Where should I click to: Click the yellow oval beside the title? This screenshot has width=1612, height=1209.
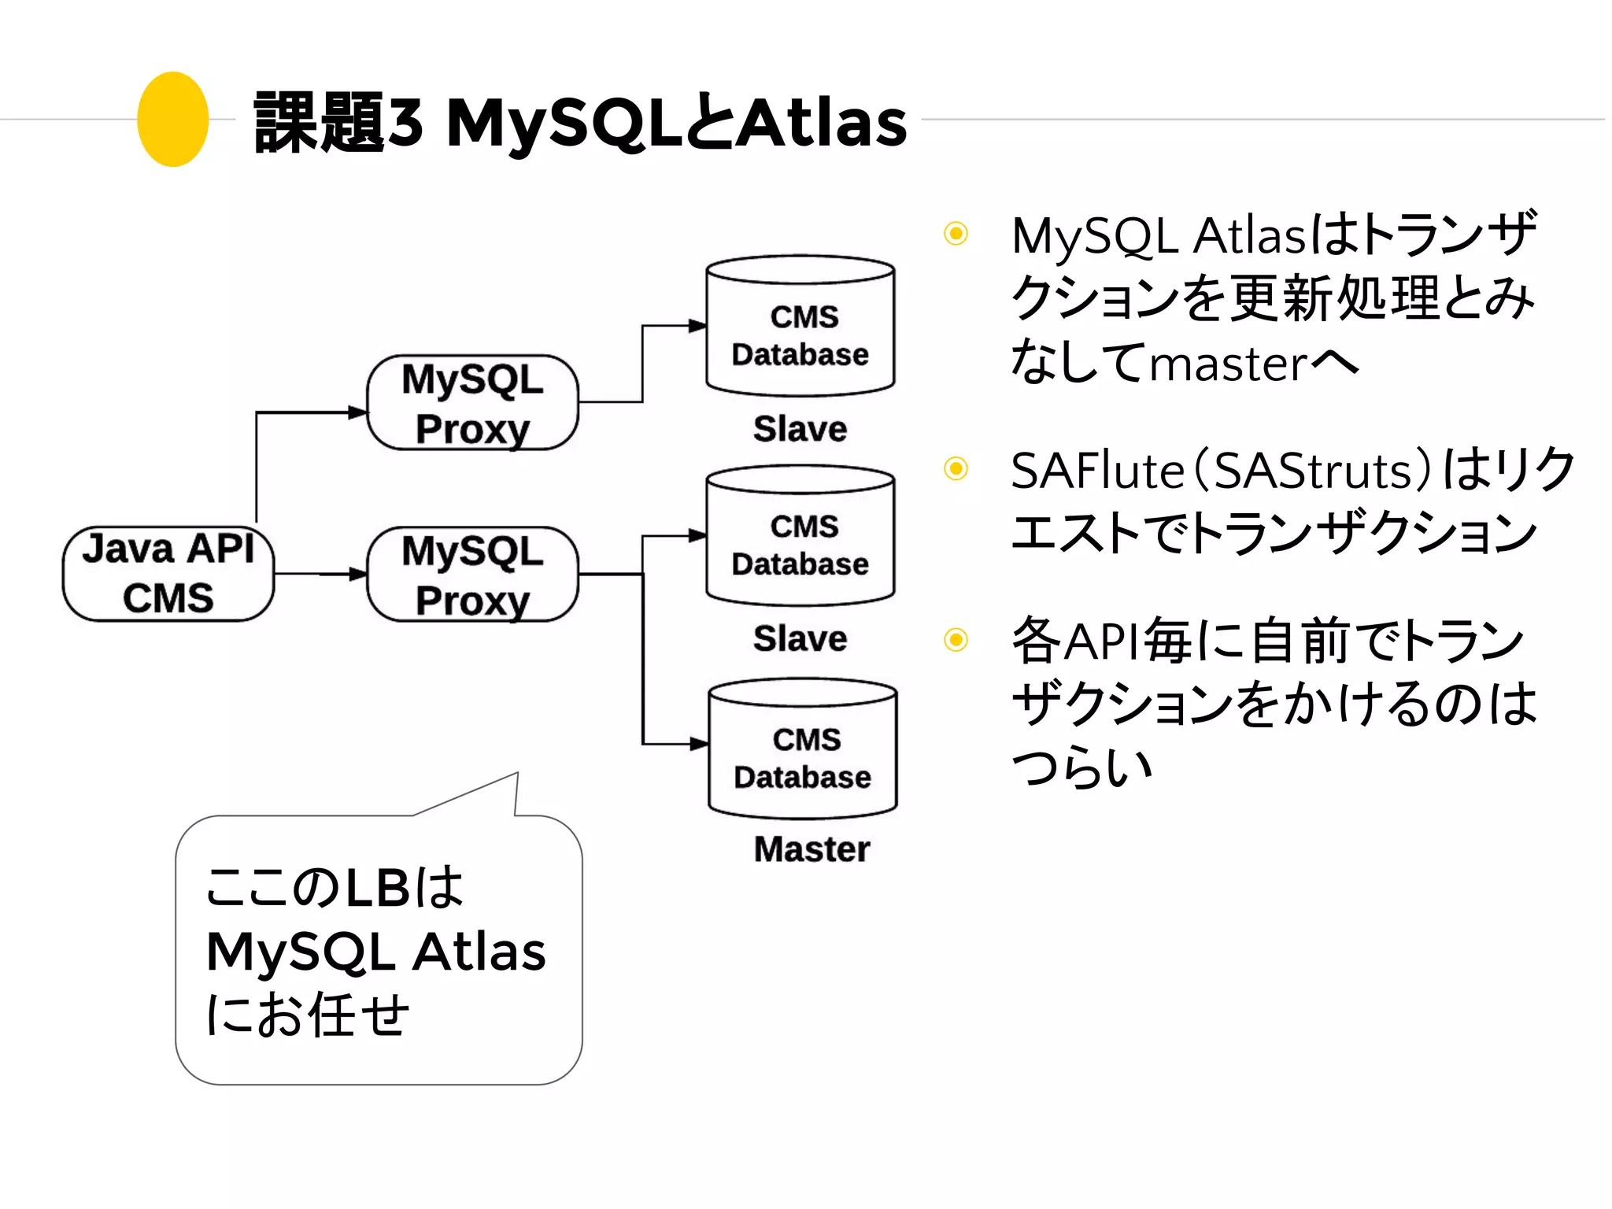click(x=172, y=120)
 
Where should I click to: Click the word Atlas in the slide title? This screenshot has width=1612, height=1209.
click(x=823, y=124)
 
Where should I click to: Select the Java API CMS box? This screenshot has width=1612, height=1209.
click(x=168, y=574)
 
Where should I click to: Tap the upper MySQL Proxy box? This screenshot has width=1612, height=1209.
click(x=472, y=403)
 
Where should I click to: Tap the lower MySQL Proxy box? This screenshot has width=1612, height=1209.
click(x=472, y=575)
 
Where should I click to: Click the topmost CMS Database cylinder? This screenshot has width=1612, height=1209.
click(x=800, y=327)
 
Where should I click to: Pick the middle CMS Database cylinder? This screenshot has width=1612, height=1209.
click(x=800, y=537)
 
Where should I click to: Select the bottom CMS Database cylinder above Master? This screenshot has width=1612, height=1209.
click(x=803, y=750)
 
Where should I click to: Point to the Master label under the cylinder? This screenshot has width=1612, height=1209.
click(x=812, y=849)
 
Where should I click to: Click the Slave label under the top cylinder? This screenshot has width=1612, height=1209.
click(x=800, y=429)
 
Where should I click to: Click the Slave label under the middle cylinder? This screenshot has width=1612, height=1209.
click(x=800, y=638)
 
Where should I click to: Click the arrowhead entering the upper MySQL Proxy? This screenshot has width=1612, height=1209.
click(x=358, y=412)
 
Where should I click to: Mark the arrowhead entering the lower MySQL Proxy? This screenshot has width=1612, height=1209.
click(x=358, y=574)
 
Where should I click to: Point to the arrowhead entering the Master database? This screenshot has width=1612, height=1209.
click(x=699, y=743)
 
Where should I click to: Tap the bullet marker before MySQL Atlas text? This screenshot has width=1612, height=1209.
click(x=956, y=234)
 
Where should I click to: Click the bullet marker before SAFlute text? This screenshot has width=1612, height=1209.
click(x=956, y=469)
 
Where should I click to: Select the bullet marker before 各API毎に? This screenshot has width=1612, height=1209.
click(x=956, y=639)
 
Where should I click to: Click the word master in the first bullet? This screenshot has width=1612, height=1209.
click(x=1228, y=365)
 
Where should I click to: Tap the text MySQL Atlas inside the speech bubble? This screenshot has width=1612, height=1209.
click(x=375, y=952)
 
